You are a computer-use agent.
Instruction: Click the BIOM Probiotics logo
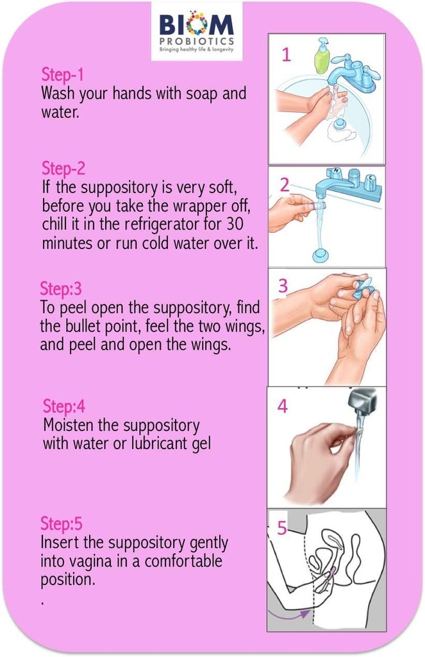(197, 31)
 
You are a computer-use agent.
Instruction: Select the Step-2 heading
(63, 169)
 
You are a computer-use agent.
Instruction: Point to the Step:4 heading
(63, 406)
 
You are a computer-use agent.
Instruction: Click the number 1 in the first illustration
(286, 55)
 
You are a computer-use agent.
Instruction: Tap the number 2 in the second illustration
(285, 185)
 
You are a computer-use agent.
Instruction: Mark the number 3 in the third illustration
(283, 287)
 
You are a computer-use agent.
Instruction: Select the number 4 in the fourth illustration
(283, 407)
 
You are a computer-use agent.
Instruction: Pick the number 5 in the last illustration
(281, 528)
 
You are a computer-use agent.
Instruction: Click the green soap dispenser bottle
(321, 56)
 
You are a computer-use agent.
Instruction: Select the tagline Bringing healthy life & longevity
(197, 49)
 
